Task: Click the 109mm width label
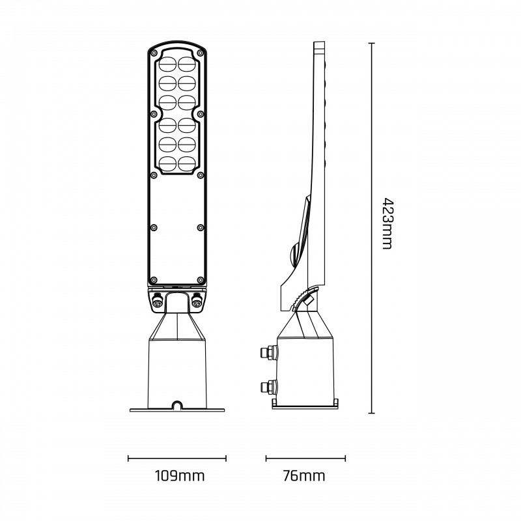tap(176, 476)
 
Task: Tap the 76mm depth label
tap(305, 476)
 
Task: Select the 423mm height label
tap(387, 223)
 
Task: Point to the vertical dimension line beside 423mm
tap(371, 228)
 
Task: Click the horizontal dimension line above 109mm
tap(176, 458)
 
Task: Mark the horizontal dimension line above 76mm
tap(305, 458)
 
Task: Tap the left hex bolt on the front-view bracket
tap(157, 301)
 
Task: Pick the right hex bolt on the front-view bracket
tap(197, 301)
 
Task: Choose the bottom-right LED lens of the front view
tap(187, 163)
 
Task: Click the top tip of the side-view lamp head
tap(319, 44)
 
